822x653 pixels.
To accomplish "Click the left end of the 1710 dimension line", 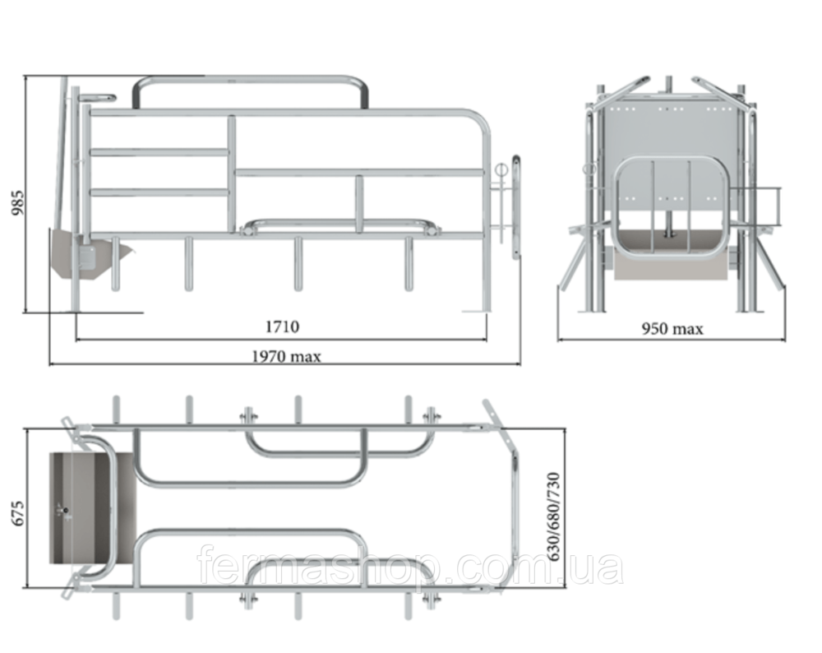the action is (x=76, y=340).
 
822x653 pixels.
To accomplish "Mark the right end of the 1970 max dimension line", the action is (x=520, y=363).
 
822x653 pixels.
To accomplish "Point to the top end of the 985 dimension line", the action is (x=25, y=76).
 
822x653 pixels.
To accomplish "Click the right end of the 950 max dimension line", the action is (x=785, y=340).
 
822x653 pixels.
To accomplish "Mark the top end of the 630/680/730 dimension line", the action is (x=565, y=428).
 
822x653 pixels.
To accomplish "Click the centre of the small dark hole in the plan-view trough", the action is (x=66, y=510).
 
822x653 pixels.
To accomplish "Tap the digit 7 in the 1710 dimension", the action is (x=275, y=326).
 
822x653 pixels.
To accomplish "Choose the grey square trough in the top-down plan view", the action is (x=93, y=508).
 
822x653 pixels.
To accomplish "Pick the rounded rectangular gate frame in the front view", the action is (x=671, y=207).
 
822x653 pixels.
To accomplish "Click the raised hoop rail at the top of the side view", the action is (x=250, y=92).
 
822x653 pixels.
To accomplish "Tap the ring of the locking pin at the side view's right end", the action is (x=501, y=170).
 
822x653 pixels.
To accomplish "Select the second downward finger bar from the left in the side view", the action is (x=189, y=264).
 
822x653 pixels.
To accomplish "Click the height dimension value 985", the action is (x=18, y=202).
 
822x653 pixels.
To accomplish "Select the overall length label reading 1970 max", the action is (x=286, y=357).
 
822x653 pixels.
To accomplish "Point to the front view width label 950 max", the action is (x=672, y=329).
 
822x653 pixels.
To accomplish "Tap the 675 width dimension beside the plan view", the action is (x=18, y=513).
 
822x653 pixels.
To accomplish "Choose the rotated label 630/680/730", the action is (x=553, y=516).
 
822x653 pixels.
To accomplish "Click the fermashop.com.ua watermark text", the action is (x=410, y=565).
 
